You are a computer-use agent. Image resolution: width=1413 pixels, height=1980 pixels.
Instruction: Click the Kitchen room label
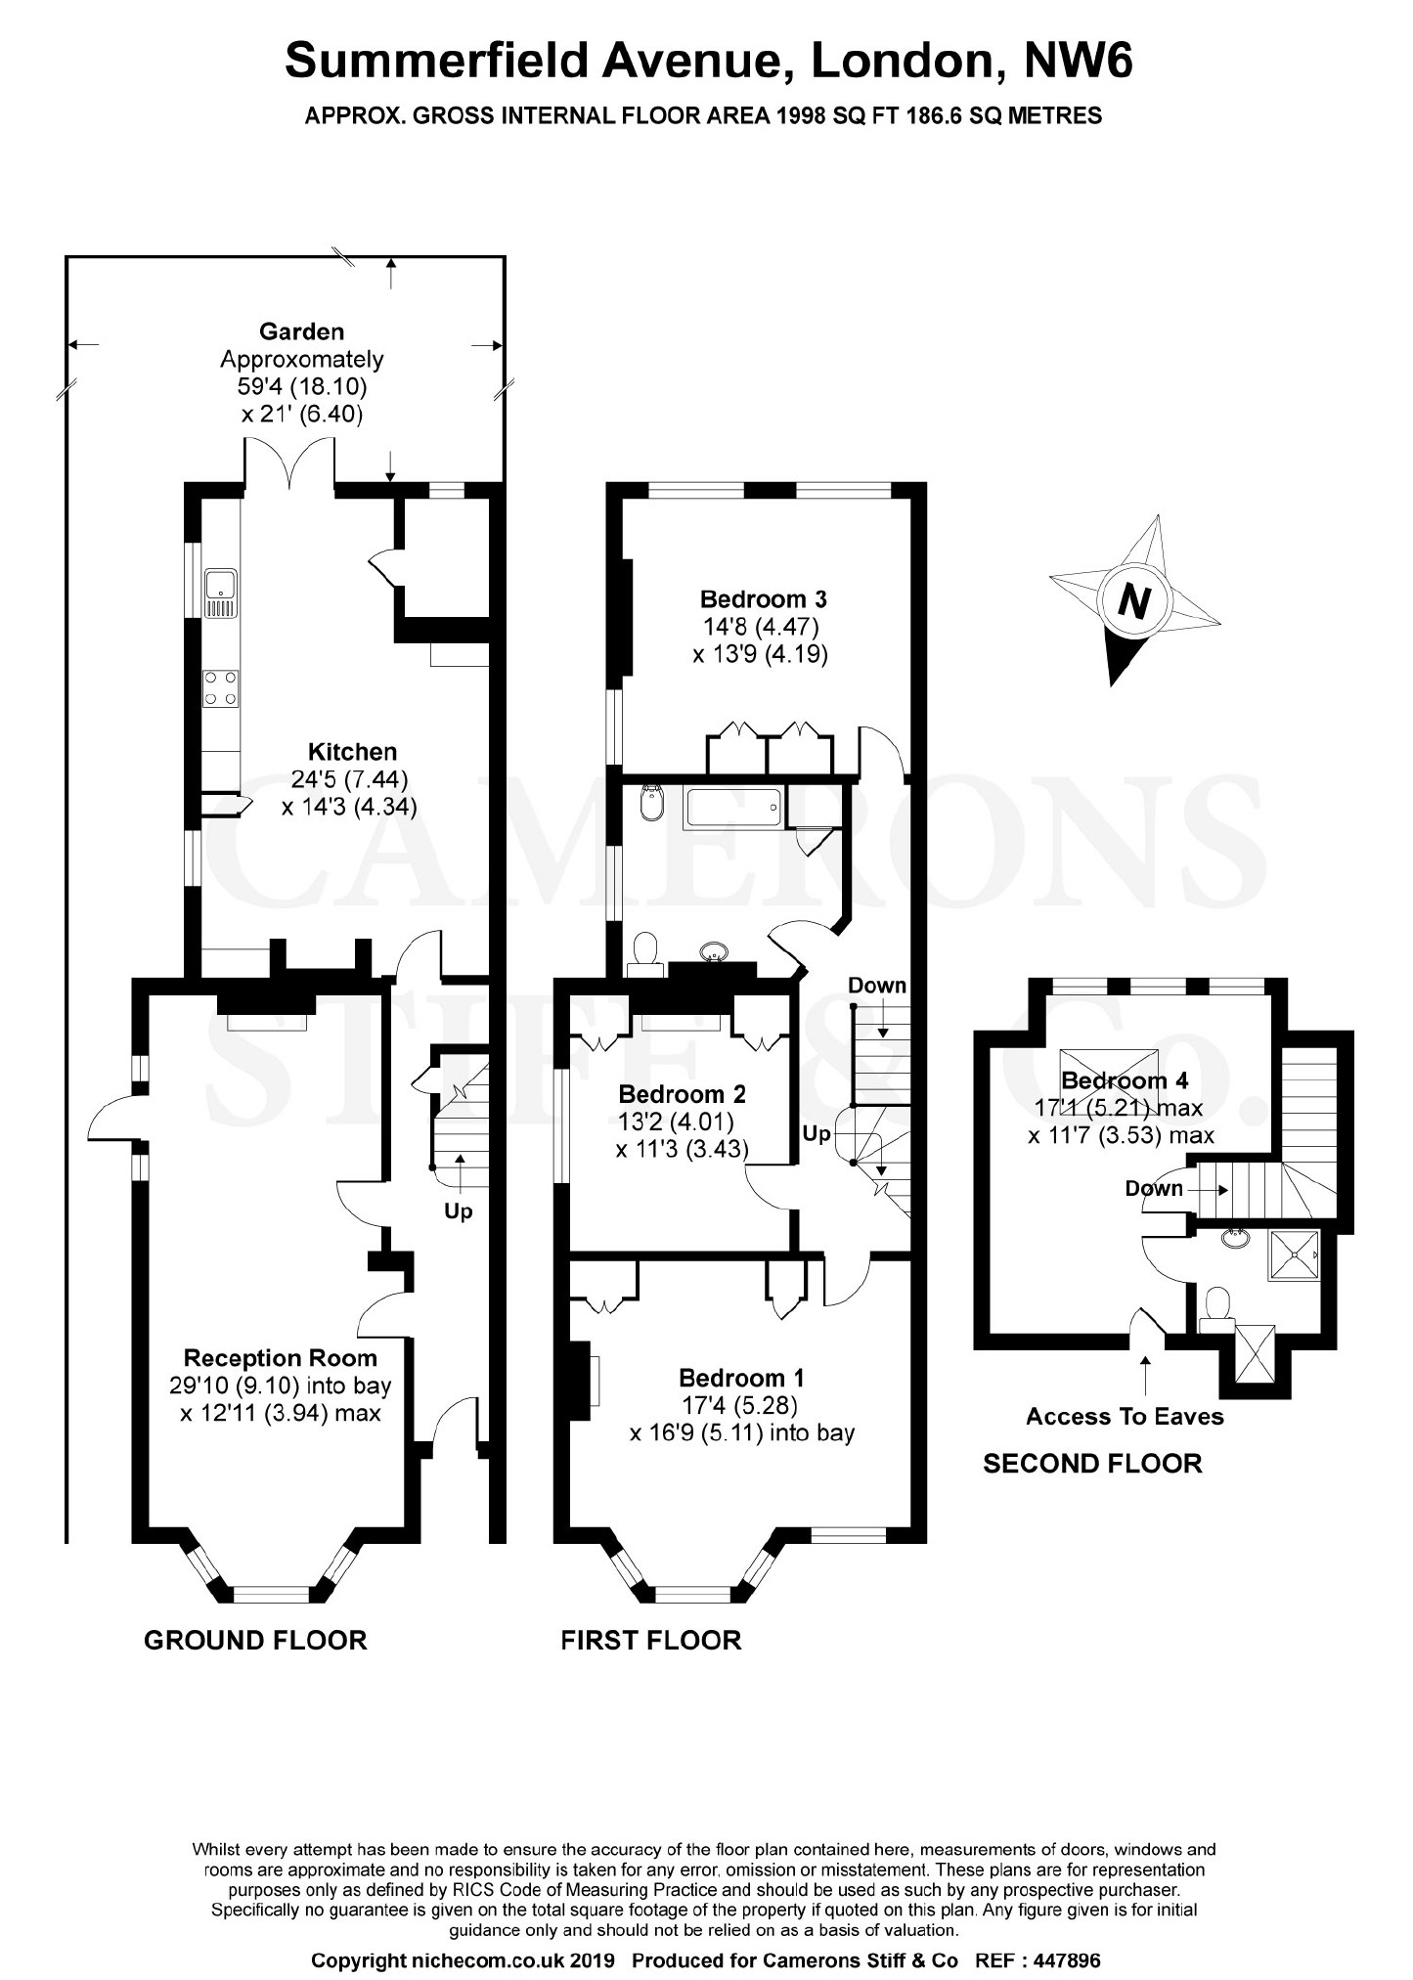coord(352,752)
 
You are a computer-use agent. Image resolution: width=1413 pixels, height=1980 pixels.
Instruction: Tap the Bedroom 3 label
coord(764,598)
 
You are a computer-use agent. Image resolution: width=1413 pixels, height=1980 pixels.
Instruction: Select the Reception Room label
coord(281,1357)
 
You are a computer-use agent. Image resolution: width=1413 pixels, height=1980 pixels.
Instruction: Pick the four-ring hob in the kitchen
coord(221,688)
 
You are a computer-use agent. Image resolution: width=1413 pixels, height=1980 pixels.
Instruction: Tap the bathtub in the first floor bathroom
coord(733,808)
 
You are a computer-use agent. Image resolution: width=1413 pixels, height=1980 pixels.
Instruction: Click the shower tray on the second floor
coord(1293,1255)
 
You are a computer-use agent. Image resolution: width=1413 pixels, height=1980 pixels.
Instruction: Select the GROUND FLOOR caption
coord(255,1640)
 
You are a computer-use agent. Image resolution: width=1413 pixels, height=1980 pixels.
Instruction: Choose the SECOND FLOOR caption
coord(1092,1463)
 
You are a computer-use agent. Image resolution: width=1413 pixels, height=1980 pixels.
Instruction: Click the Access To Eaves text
coord(1125,1416)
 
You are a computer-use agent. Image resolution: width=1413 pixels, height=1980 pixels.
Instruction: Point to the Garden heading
coord(301,331)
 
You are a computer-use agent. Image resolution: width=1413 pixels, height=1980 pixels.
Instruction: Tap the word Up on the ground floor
coord(458,1211)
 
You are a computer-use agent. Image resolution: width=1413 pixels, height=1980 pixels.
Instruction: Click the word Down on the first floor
coord(877,985)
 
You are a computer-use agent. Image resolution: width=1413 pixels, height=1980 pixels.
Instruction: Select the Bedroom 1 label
coord(741,1378)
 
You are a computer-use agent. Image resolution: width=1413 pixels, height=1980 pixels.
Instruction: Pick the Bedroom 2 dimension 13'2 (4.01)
coord(676,1122)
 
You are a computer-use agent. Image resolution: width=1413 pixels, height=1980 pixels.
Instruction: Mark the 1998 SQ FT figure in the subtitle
coord(842,115)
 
